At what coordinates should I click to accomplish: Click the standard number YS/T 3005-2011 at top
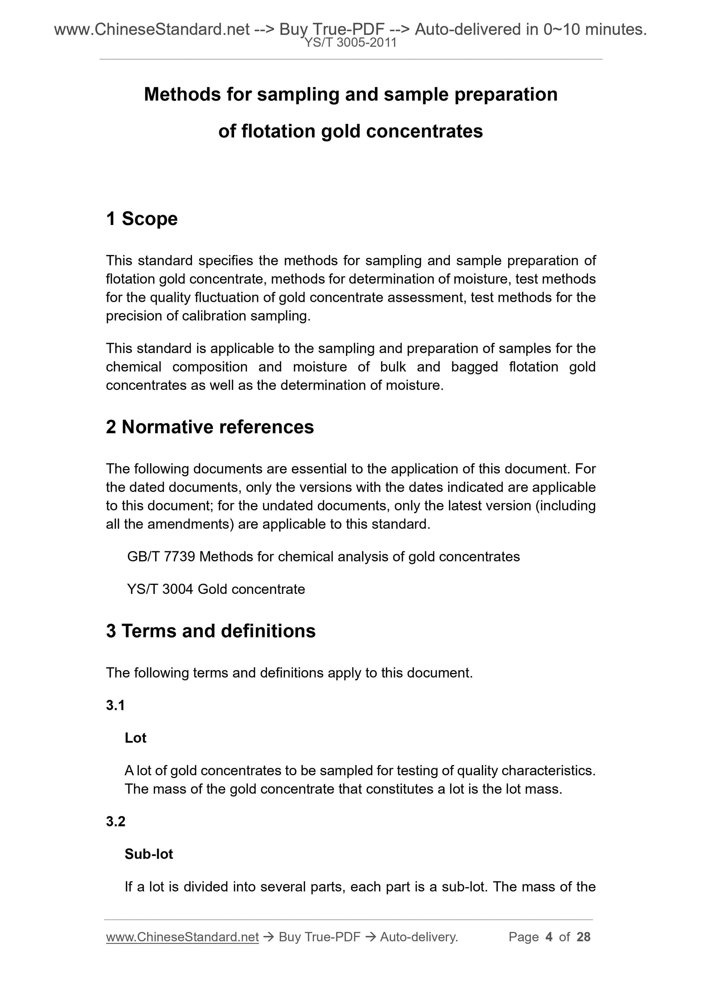pyautogui.click(x=350, y=43)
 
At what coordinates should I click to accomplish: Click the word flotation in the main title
pyautogui.click(x=278, y=131)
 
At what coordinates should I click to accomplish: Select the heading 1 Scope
pyautogui.click(x=141, y=219)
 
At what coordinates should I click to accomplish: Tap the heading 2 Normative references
pyautogui.click(x=210, y=427)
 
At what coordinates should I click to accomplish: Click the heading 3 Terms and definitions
pyautogui.click(x=211, y=631)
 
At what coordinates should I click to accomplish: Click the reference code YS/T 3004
pyautogui.click(x=160, y=589)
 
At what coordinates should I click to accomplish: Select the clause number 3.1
pyautogui.click(x=115, y=705)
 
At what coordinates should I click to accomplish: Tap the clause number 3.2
pyautogui.click(x=115, y=821)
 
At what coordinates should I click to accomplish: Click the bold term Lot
pyautogui.click(x=135, y=738)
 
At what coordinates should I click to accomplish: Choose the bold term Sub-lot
pyautogui.click(x=149, y=854)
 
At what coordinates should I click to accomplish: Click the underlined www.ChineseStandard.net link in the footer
pyautogui.click(x=182, y=937)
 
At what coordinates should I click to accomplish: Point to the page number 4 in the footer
pyautogui.click(x=549, y=937)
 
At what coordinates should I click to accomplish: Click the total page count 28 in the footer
pyautogui.click(x=583, y=937)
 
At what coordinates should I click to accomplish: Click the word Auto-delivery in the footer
pyautogui.click(x=418, y=937)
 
